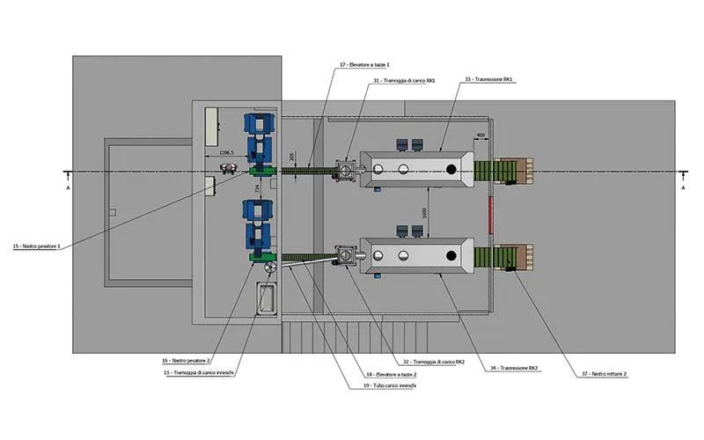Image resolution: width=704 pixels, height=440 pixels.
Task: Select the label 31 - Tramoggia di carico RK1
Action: click(405, 81)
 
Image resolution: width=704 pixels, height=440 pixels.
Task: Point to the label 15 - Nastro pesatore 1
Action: click(36, 246)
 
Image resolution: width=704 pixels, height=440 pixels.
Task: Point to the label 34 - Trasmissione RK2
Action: click(515, 367)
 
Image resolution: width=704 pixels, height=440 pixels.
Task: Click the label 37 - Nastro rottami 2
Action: click(602, 373)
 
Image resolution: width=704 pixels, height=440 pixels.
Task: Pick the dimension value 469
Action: click(480, 135)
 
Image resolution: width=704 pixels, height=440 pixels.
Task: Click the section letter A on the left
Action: click(68, 187)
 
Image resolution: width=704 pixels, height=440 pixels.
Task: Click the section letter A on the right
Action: click(683, 187)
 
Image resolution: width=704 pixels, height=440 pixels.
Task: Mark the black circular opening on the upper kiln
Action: click(451, 169)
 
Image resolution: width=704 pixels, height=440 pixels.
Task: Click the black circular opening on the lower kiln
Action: click(451, 256)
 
